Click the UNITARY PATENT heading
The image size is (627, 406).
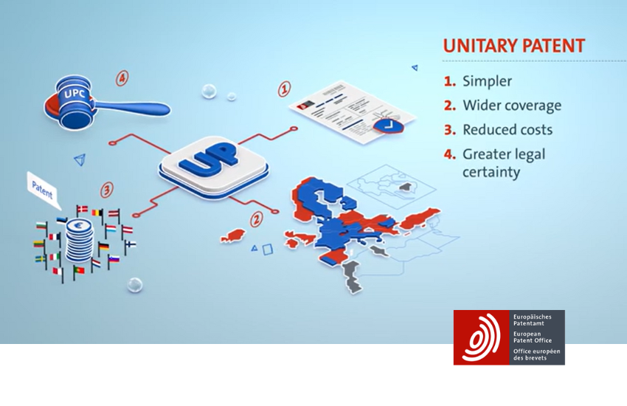(514, 46)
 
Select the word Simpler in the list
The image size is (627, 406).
(487, 81)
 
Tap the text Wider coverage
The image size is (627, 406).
(512, 106)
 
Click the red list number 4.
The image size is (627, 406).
(449, 154)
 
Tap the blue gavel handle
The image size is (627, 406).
(132, 107)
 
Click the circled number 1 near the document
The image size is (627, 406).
(284, 89)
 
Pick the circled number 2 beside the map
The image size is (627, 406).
(256, 219)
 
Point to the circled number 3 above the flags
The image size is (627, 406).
(106, 190)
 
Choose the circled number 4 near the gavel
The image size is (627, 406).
(122, 78)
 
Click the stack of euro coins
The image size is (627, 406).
(80, 241)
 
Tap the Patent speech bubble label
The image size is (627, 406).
(42, 190)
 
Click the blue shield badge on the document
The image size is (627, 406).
(388, 126)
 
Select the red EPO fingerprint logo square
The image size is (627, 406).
(482, 337)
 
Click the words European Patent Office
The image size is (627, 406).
(533, 337)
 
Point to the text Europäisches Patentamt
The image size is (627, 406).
(533, 320)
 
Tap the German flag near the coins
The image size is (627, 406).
(103, 247)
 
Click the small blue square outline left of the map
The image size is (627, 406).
(268, 250)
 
